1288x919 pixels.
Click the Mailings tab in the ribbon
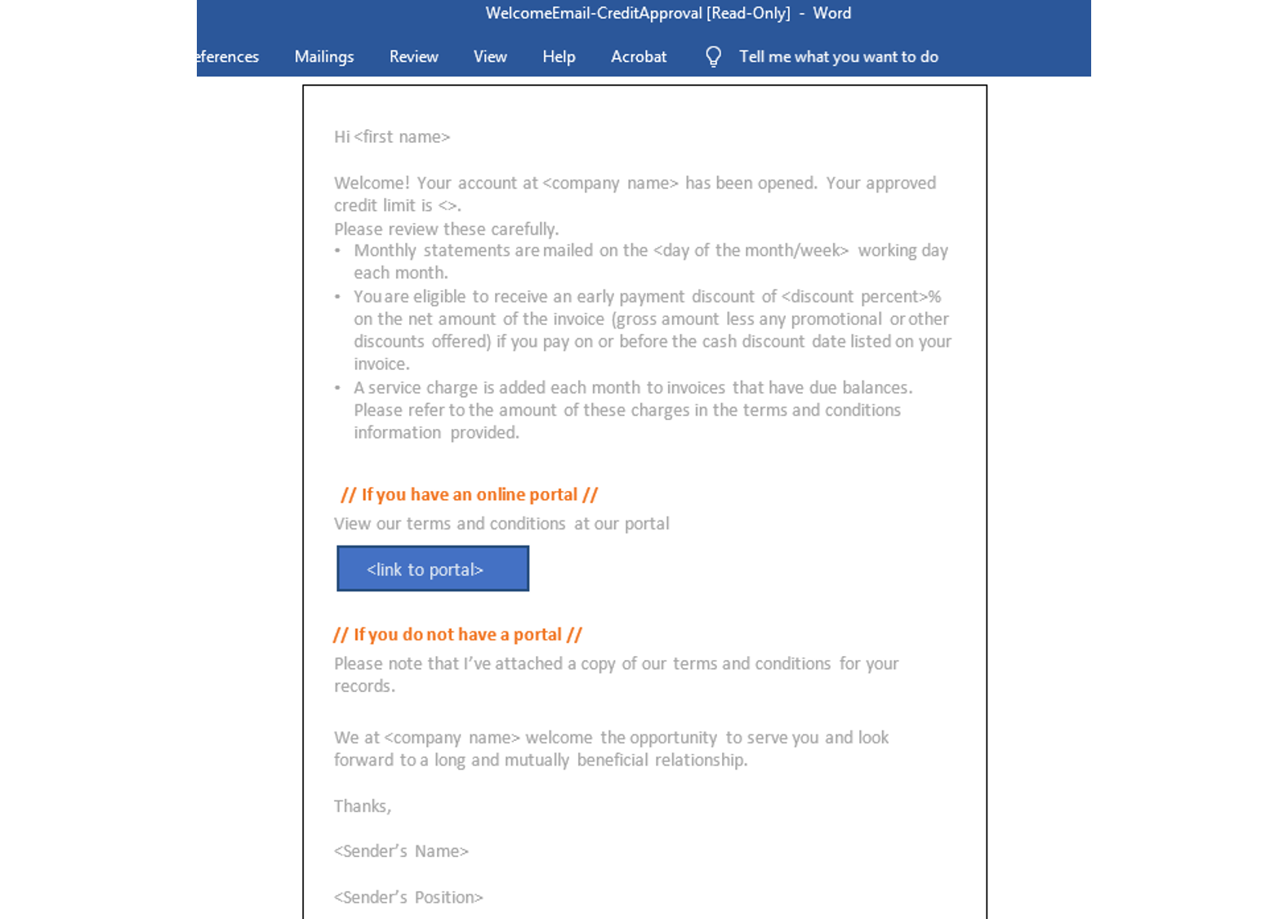[323, 56]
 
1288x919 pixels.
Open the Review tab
[413, 56]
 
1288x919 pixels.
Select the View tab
[490, 56]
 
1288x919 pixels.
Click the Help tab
[559, 56]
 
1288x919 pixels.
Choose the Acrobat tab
[639, 56]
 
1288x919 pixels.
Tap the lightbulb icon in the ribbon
[713, 56]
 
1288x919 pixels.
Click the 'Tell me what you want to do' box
[838, 56]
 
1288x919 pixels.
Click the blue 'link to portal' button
[433, 569]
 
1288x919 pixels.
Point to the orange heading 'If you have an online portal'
[469, 494]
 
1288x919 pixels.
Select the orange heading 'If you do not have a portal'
[457, 635]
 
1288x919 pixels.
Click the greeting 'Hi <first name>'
[392, 136]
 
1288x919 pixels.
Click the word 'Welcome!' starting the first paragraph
[372, 183]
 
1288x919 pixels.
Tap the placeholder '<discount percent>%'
[861, 297]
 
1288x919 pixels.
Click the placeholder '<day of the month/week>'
[751, 251]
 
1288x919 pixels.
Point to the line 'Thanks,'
[363, 806]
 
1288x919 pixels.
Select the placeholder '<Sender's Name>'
[401, 851]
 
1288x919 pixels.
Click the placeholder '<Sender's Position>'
[408, 897]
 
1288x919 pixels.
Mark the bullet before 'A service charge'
[337, 388]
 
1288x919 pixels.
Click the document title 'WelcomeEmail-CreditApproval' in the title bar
[594, 13]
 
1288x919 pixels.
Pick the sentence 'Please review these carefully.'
[446, 229]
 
